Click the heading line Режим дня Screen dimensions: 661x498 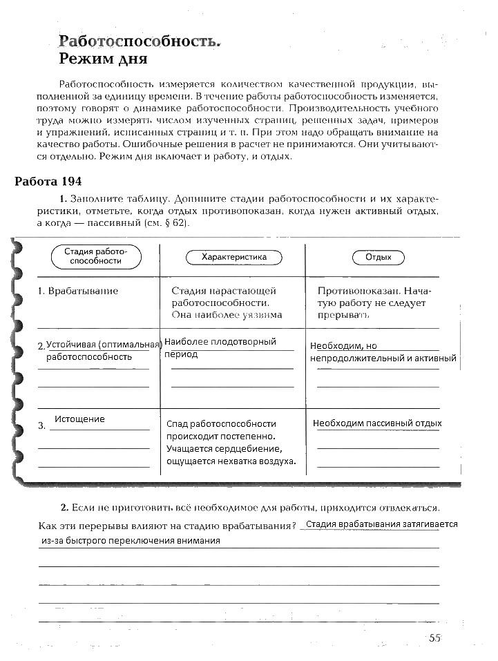click(103, 59)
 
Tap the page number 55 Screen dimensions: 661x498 click(434, 638)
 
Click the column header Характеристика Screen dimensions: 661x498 click(233, 257)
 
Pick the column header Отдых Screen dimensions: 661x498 click(378, 257)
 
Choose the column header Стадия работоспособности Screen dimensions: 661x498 click(96, 256)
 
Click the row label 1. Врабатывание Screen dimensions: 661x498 click(78, 291)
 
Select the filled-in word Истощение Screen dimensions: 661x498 click(79, 419)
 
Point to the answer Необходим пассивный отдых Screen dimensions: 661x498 click(377, 423)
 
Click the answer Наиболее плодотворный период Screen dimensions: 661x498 click(220, 347)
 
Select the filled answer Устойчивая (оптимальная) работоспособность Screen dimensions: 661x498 click(100, 350)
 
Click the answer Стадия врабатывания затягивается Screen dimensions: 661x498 click(381, 524)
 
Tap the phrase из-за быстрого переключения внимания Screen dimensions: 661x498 click(131, 541)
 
